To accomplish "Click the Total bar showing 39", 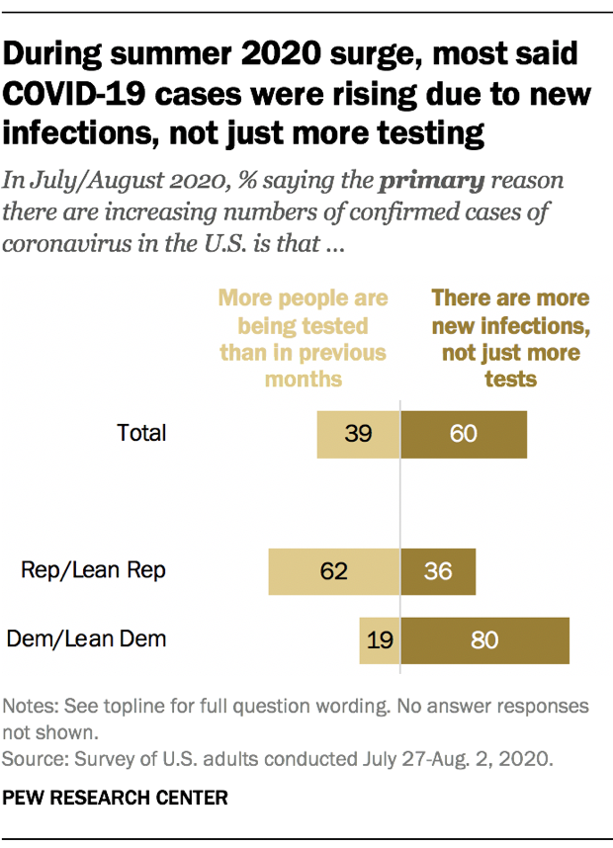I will [358, 434].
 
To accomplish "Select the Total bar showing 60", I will [463, 434].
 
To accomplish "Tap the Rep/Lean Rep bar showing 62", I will [334, 570].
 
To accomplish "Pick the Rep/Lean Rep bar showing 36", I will [438, 570].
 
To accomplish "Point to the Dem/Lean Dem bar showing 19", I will [380, 639].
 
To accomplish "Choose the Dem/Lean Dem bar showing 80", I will [484, 639].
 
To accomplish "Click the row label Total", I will [141, 433].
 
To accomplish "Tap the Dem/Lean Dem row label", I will [87, 638].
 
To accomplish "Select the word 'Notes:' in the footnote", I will [32, 708].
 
